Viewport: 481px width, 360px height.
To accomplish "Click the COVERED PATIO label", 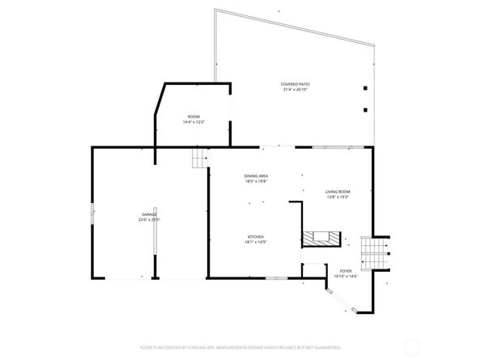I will [x=296, y=84].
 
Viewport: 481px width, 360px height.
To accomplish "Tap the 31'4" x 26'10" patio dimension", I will [x=296, y=90].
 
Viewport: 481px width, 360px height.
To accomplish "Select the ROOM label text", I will [x=194, y=116].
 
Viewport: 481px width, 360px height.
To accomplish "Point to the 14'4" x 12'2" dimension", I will [x=194, y=122].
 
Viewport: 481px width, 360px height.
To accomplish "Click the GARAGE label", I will [x=150, y=214].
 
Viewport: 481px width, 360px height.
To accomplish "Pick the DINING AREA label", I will [x=256, y=176].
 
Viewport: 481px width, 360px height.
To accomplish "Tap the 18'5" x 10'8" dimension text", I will [x=256, y=181].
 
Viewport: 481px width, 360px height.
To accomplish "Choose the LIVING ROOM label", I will [x=338, y=191].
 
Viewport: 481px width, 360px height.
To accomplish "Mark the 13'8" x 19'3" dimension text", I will [x=338, y=197].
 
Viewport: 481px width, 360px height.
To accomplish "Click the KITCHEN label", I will [x=255, y=236].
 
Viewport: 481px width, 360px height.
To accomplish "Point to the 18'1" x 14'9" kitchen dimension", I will [x=255, y=242].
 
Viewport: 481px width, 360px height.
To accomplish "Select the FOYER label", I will [x=346, y=271].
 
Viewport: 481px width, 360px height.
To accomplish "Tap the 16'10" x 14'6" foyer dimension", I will [x=346, y=277].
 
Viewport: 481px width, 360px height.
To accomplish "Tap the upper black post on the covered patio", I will [x=365, y=88].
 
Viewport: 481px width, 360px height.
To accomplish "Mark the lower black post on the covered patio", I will [x=365, y=109].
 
